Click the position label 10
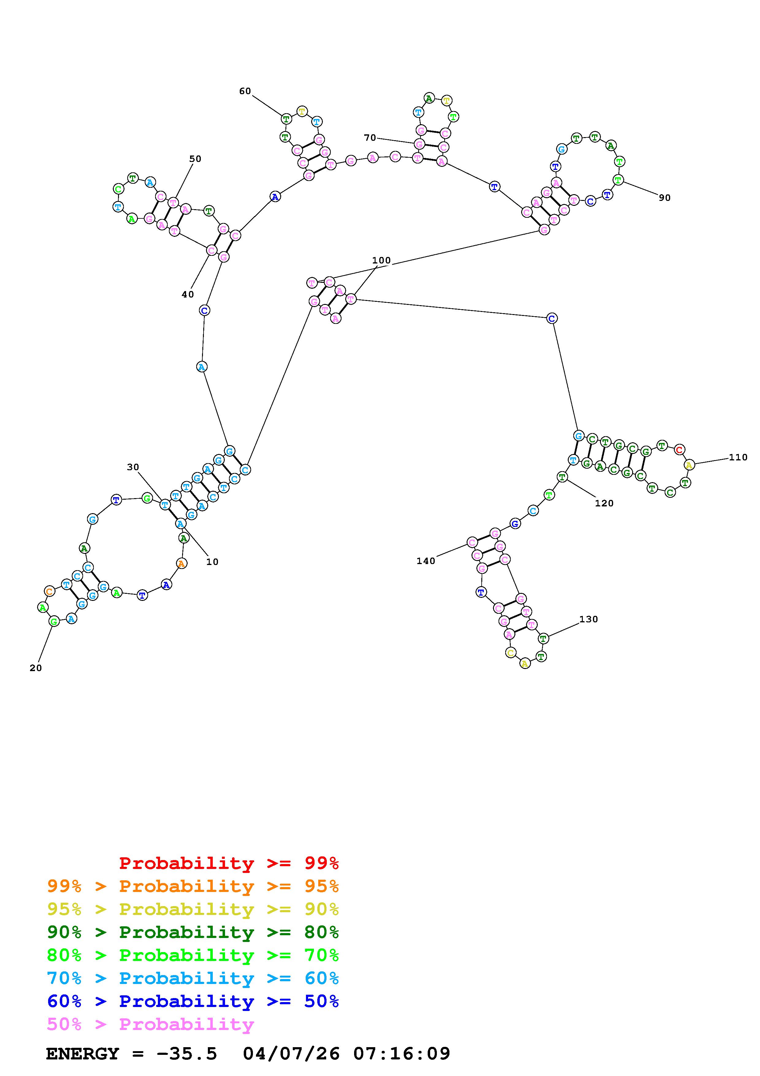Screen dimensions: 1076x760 [212, 562]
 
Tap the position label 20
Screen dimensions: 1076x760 [36, 668]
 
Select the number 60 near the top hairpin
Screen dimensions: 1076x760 [245, 91]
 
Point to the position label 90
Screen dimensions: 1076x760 [664, 198]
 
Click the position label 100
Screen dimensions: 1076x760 [381, 260]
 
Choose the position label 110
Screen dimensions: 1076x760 [738, 457]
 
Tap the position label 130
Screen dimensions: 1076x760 [589, 620]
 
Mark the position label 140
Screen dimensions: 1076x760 [426, 561]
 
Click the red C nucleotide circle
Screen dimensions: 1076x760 [679, 450]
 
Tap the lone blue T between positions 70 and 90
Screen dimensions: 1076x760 [494, 186]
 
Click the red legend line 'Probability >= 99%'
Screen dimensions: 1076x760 [229, 863]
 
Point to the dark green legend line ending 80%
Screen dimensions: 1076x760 [193, 932]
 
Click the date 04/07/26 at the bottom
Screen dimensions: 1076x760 [291, 1054]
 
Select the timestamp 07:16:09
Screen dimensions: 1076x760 [401, 1054]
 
